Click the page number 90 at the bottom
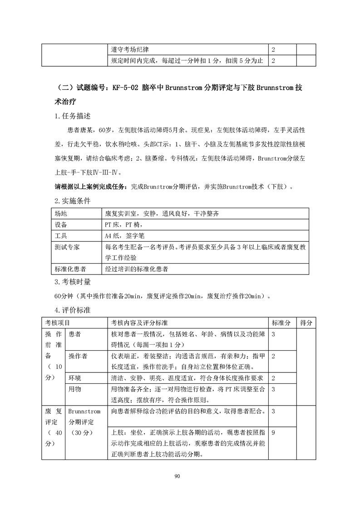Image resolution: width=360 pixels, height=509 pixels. pos(180,476)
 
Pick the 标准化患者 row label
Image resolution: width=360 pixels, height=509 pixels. pos(70,269)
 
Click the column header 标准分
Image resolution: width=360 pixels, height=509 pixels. pos(281,323)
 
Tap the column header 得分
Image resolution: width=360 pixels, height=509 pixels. pos(306,323)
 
